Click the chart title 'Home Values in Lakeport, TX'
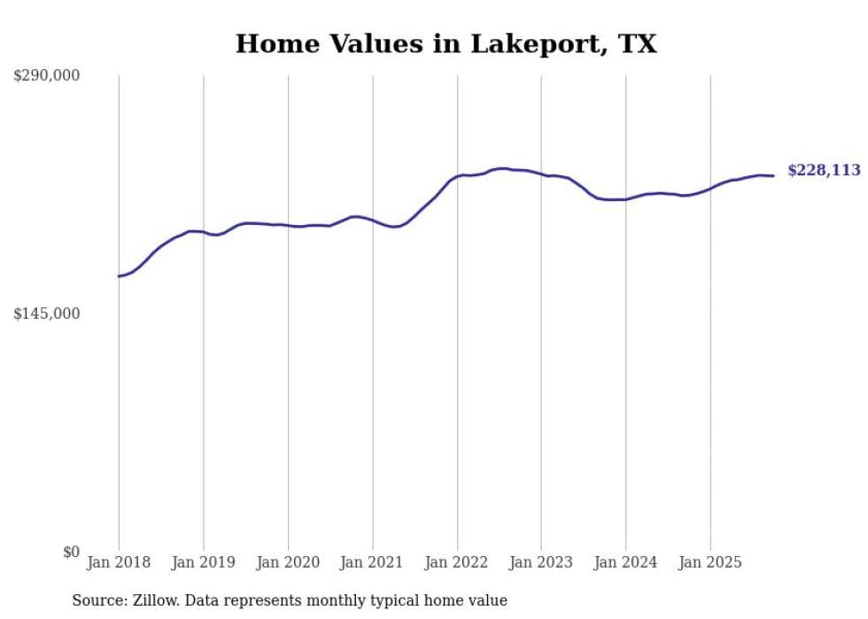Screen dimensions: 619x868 pyautogui.click(x=446, y=43)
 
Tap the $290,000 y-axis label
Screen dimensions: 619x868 pyautogui.click(x=46, y=76)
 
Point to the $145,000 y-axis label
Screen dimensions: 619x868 pyautogui.click(x=46, y=313)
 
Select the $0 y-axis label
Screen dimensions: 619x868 pyautogui.click(x=71, y=552)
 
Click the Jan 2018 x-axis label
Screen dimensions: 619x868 pyautogui.click(x=119, y=563)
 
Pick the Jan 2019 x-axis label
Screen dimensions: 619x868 pyautogui.click(x=203, y=563)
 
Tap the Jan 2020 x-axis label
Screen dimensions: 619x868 pyautogui.click(x=288, y=563)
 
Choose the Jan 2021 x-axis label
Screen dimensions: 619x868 pyautogui.click(x=372, y=563)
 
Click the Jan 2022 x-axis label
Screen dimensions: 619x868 pyautogui.click(x=457, y=563)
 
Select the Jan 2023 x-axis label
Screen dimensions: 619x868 pyautogui.click(x=541, y=563)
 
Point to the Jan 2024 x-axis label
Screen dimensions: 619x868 pyautogui.click(x=625, y=563)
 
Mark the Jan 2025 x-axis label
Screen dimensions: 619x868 pyautogui.click(x=710, y=563)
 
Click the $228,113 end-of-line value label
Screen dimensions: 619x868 pyautogui.click(x=824, y=171)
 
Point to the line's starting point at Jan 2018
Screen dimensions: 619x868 pyautogui.click(x=119, y=276)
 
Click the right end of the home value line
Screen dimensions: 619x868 pyautogui.click(x=773, y=175)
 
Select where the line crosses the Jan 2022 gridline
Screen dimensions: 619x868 pyautogui.click(x=457, y=176)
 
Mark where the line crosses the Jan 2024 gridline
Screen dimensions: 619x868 pyautogui.click(x=625, y=199)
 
